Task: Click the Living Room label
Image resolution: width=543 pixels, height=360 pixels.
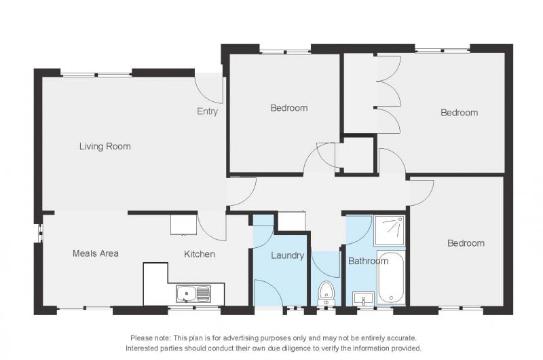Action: click(x=105, y=147)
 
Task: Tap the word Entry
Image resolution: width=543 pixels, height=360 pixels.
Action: click(x=207, y=111)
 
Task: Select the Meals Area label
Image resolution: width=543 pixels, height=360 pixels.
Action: click(x=96, y=253)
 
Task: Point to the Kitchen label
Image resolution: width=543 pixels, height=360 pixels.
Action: click(x=199, y=254)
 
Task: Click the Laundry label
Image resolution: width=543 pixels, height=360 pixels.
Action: click(x=287, y=255)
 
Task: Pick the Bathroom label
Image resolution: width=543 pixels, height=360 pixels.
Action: click(x=368, y=261)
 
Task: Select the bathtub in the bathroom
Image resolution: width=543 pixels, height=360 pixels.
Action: click(x=391, y=278)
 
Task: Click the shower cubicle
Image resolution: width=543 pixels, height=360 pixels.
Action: click(x=390, y=230)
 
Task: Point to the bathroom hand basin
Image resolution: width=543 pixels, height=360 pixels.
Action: click(x=363, y=298)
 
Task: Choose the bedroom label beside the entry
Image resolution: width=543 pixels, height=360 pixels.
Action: click(x=289, y=108)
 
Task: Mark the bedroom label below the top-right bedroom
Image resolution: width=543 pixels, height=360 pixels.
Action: click(x=466, y=243)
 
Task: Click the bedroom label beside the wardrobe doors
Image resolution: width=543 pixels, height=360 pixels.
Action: click(x=460, y=113)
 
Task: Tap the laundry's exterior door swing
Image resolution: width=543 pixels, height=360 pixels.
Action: click(x=269, y=293)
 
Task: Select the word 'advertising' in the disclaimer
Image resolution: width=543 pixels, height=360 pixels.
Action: click(x=241, y=338)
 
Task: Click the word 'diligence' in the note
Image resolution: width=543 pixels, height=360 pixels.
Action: click(x=297, y=348)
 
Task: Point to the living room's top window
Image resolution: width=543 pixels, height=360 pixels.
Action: click(x=96, y=74)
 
